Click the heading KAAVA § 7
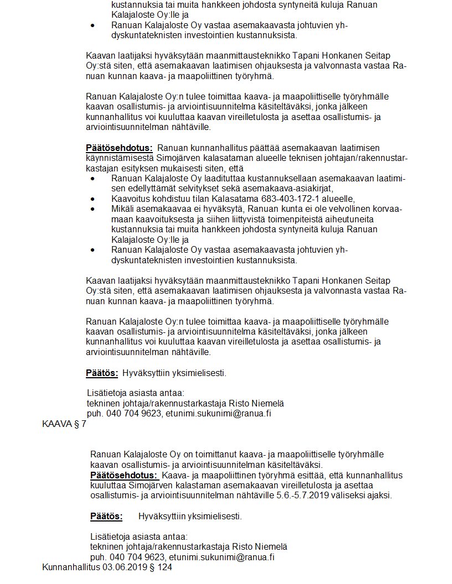click(x=64, y=424)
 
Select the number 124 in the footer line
click(x=165, y=568)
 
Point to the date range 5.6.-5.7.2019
click(x=305, y=496)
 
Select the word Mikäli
click(x=122, y=209)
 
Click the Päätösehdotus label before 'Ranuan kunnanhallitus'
click(x=119, y=148)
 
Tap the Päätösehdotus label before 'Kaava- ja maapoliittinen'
click(x=124, y=475)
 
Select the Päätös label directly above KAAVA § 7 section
click(x=102, y=373)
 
